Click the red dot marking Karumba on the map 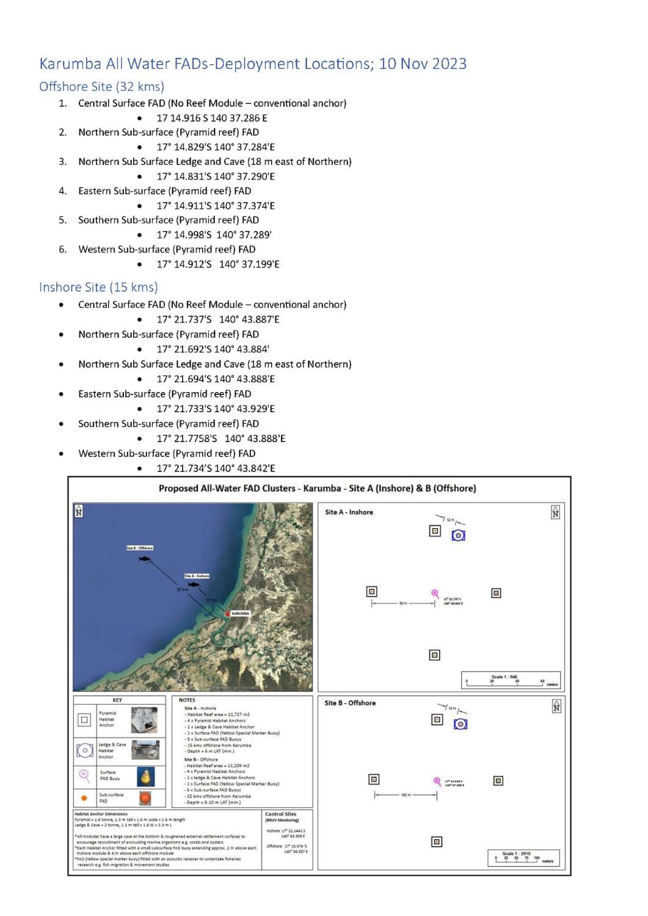click(228, 614)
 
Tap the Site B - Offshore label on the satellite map click(140, 548)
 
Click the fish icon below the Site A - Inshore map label click(194, 584)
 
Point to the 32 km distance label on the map click(182, 589)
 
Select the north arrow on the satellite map click(79, 511)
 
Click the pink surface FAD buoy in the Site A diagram click(435, 594)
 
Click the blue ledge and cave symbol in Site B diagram click(461, 724)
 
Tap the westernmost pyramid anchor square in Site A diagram click(371, 591)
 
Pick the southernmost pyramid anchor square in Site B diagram click(437, 841)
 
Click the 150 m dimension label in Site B click(406, 795)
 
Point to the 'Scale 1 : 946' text click(504, 677)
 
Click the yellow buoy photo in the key click(146, 777)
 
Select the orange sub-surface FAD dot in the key click(84, 798)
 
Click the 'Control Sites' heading click(281, 814)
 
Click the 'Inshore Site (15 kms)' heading click(98, 287)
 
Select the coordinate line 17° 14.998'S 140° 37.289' click(214, 234)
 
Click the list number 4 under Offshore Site click(63, 191)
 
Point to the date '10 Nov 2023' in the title click(423, 64)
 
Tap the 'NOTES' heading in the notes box click(187, 700)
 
